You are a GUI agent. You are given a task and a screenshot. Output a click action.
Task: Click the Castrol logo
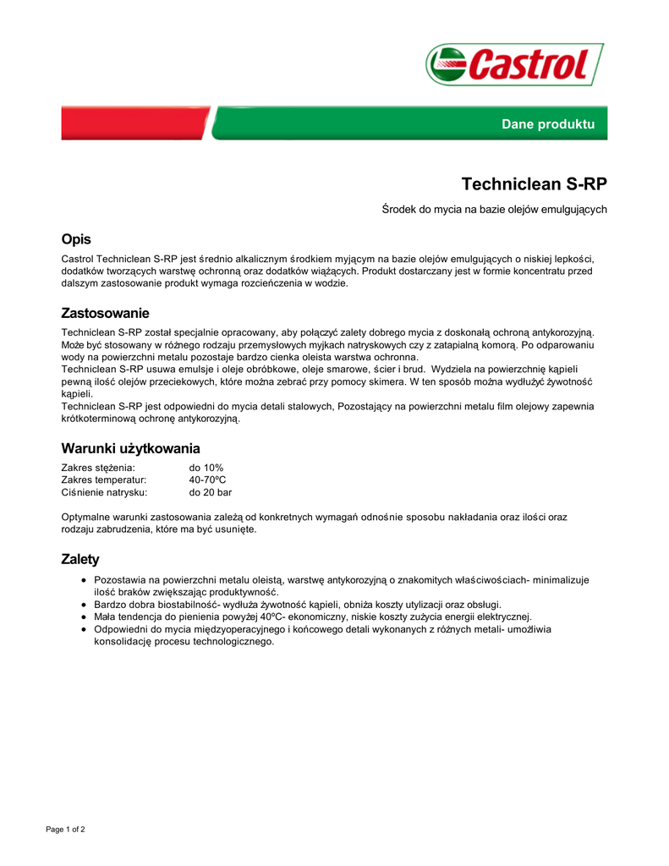514,64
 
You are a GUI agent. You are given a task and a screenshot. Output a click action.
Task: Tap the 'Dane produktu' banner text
548,124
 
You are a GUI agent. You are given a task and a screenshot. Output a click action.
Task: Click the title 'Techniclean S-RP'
534,184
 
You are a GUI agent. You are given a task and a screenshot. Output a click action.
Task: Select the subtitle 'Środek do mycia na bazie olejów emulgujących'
495,209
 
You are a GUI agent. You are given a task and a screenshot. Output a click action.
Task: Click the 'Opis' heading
76,239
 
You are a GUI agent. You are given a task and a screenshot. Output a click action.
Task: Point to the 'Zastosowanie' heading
105,313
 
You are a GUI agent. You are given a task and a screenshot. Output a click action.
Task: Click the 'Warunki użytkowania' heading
130,448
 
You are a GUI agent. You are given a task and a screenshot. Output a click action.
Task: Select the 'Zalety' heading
80,559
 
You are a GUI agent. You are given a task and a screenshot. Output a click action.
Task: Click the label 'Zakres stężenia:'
98,468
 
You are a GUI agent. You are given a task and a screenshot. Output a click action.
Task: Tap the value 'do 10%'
206,468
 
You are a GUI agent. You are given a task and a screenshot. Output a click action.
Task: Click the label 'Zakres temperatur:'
104,480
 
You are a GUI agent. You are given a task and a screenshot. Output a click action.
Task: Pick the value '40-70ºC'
208,480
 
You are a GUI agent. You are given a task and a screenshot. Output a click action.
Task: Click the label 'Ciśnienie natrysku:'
105,492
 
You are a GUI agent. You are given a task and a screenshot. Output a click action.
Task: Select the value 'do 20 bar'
211,492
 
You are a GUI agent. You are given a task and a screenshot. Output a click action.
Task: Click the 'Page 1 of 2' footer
65,829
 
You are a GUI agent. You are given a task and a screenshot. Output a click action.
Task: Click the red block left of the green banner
134,123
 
